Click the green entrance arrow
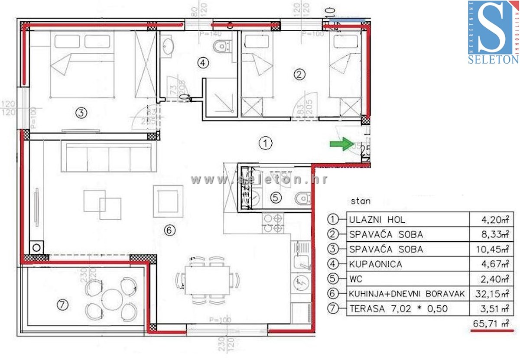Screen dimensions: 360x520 point(342,144)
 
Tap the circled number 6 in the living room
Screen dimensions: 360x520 point(170,230)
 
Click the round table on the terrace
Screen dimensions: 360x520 point(112,299)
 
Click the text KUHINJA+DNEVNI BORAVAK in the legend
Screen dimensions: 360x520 point(406,294)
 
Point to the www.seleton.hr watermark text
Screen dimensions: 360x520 point(259,180)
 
